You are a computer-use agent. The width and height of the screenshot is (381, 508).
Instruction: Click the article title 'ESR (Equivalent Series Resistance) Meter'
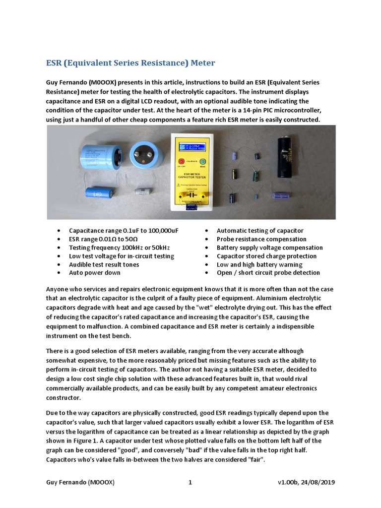click(131, 63)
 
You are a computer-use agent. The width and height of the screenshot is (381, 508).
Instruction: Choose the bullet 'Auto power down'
click(94, 272)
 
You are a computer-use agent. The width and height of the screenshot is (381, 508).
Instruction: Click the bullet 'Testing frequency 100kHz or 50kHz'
click(118, 248)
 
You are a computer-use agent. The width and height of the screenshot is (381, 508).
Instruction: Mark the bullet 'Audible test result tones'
click(104, 264)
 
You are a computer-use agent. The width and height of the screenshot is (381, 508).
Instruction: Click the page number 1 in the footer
click(190, 483)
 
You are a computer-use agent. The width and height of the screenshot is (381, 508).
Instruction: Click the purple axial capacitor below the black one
click(285, 192)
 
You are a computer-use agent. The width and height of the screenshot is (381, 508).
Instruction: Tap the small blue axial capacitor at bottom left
click(100, 192)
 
